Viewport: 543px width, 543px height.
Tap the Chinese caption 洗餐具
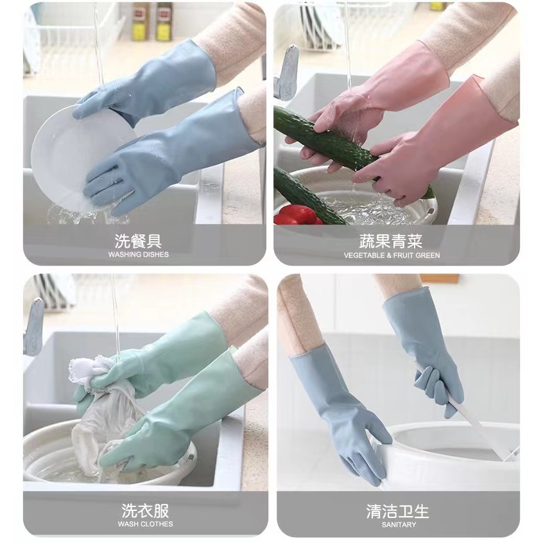click(x=138, y=241)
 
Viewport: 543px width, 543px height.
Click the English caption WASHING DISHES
click(x=138, y=255)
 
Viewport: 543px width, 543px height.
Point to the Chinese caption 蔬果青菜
click(x=391, y=241)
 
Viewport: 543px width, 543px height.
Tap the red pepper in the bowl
click(x=297, y=215)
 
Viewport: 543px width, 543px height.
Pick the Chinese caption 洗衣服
click(x=145, y=511)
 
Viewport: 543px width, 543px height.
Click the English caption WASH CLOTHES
click(x=145, y=524)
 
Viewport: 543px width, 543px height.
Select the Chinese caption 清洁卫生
click(x=397, y=512)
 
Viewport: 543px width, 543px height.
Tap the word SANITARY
click(x=399, y=525)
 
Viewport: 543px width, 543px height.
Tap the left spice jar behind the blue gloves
click(x=141, y=21)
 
